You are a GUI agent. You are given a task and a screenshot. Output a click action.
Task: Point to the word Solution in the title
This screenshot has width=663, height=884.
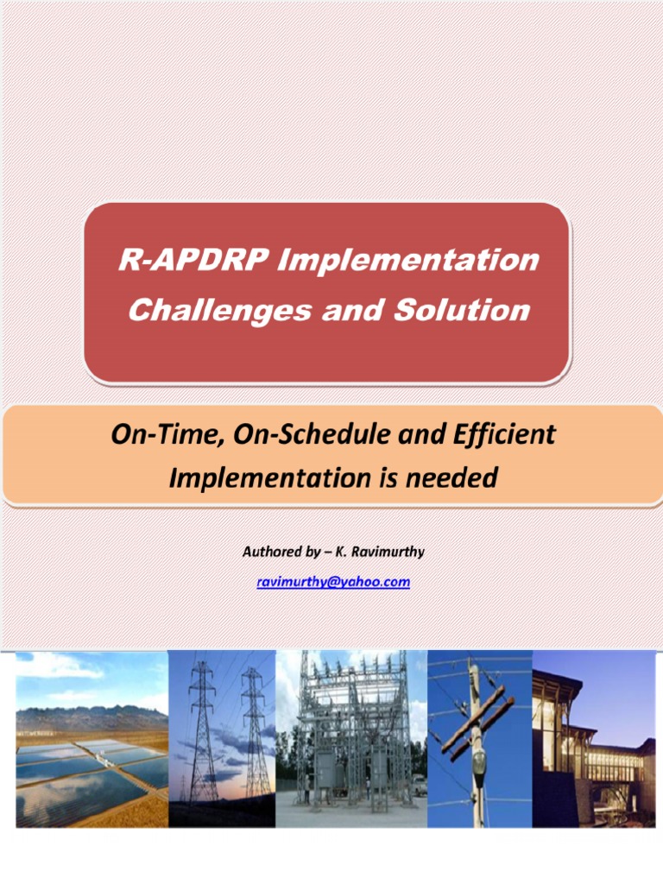(x=462, y=310)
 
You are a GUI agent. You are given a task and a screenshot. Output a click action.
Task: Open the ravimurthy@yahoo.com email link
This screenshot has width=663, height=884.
(x=333, y=582)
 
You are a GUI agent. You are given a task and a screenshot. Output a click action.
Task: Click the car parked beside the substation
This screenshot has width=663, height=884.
(x=418, y=785)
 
